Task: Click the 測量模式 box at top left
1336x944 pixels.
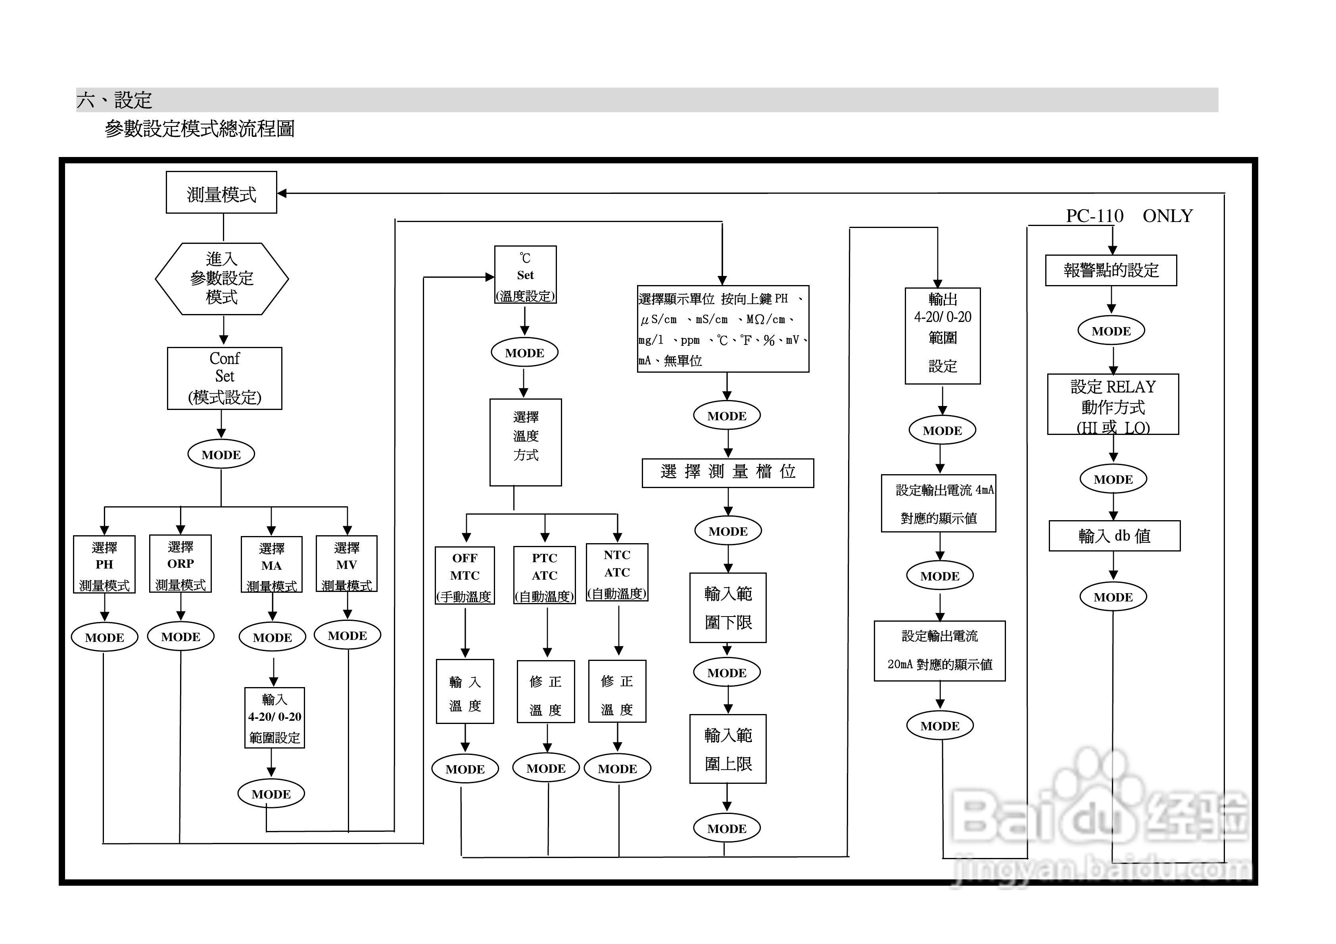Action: pos(221,193)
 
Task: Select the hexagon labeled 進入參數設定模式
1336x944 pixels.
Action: pos(222,279)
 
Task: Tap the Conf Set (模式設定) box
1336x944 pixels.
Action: pos(225,379)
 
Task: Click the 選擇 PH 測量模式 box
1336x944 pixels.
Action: pos(104,564)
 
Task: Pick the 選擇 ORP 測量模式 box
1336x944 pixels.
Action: pos(180,564)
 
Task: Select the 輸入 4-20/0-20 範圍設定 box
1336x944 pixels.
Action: pos(274,718)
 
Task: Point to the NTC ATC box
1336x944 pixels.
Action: pos(617,573)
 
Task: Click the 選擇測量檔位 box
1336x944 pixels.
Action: pos(728,472)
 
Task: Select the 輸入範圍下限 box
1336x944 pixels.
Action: pos(728,608)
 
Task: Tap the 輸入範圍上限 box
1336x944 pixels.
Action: pos(728,749)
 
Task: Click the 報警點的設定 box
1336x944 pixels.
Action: pos(1111,270)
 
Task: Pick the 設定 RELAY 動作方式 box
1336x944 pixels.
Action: pos(1113,405)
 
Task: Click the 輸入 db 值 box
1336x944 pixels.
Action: pos(1114,536)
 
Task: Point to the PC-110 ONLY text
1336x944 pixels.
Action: pos(1129,216)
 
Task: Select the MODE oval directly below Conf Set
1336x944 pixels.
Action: pos(221,455)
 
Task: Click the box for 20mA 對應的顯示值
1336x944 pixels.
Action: pos(939,651)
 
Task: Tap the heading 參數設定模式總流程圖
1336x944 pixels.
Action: pos(200,128)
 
